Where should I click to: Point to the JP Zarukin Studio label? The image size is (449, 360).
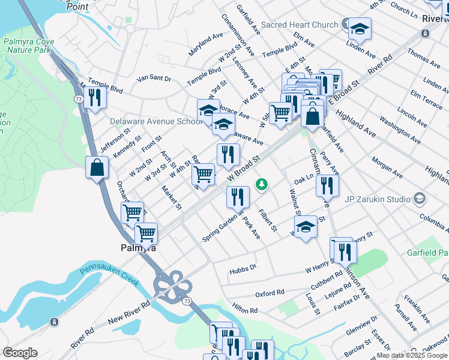[377, 199]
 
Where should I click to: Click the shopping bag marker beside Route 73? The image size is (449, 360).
[97, 169]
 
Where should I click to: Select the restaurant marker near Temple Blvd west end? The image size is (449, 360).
[94, 97]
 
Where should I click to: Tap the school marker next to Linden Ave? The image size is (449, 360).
[360, 29]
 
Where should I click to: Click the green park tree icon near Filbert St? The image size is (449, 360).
[261, 184]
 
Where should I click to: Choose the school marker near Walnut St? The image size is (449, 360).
[306, 227]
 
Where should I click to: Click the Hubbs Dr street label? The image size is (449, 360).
[243, 271]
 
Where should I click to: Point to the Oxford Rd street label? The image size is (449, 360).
[270, 293]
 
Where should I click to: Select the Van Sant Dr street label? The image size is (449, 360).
[154, 79]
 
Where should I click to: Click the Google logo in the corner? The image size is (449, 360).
[20, 353]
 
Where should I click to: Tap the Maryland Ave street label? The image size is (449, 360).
[206, 45]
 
